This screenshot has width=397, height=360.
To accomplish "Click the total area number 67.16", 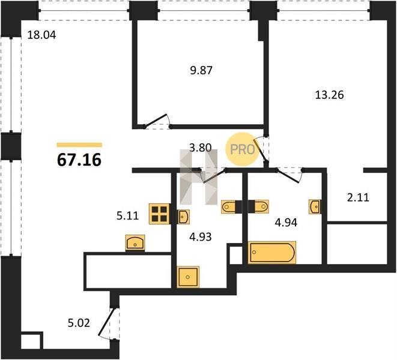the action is (79, 160).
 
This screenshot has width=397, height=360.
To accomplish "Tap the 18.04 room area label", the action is (41, 35).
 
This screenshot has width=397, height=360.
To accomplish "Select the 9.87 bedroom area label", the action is (201, 70).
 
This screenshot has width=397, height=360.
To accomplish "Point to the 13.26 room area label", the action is (329, 95).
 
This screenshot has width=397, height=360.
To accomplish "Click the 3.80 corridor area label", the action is (201, 148).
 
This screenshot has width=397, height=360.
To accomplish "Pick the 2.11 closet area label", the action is (358, 197).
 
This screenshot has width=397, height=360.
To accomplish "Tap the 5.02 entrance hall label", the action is (79, 323).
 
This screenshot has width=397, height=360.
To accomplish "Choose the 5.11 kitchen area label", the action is (127, 216).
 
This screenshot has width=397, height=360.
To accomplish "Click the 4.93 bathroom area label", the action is (201, 237).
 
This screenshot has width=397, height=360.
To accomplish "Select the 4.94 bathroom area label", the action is (286, 223).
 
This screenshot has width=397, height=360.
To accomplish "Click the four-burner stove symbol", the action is (160, 214).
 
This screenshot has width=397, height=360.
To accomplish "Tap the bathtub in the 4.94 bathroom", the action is (272, 253).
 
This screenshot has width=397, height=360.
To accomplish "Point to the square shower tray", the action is (188, 277).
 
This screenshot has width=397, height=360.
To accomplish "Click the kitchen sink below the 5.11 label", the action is (135, 242).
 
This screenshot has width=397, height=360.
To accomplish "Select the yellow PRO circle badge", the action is (243, 149).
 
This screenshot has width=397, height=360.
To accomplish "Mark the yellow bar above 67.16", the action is (79, 145).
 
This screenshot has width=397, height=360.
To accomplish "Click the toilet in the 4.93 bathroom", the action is (229, 206).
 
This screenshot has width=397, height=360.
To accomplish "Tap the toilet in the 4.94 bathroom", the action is (261, 206).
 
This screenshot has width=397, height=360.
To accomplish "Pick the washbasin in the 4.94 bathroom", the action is (315, 206).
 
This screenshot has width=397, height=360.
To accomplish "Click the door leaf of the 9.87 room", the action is (156, 120).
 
